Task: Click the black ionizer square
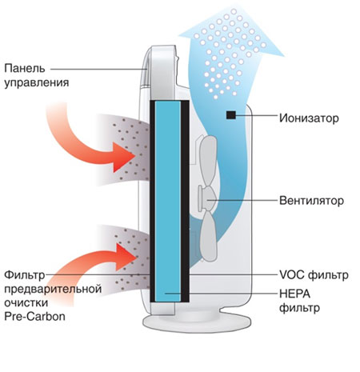(231, 115)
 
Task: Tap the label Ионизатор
(309, 118)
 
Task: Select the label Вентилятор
(311, 201)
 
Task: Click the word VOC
(291, 274)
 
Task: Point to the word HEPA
(295, 294)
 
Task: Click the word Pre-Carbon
(34, 317)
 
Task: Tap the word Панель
(25, 69)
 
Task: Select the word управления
(37, 82)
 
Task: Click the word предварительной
(53, 289)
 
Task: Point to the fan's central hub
(208, 199)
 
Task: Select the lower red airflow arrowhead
(125, 256)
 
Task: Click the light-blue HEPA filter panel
(168, 202)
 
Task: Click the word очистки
(26, 303)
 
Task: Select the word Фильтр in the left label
(25, 275)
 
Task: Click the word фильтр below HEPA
(299, 308)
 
